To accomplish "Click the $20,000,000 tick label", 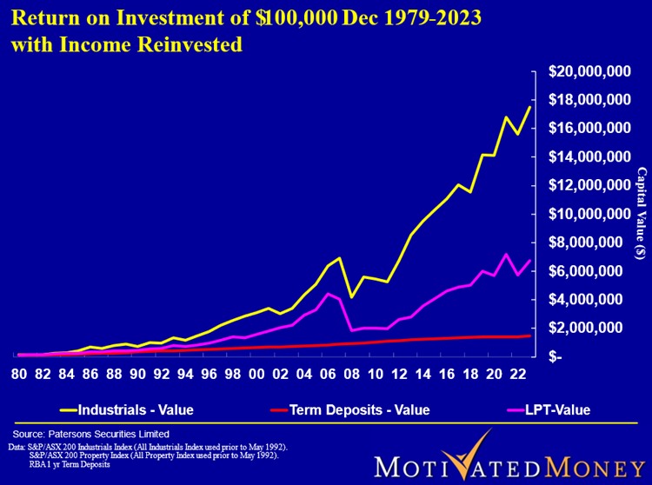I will (x=590, y=71).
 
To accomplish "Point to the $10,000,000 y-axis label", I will (x=590, y=214).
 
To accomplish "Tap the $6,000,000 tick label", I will (x=594, y=271).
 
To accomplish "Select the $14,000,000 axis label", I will (x=590, y=156).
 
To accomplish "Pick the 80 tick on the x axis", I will (x=18, y=375).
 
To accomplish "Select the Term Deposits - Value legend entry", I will (x=355, y=409).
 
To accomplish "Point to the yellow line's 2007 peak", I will (x=338, y=258).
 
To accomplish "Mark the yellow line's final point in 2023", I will (x=530, y=106).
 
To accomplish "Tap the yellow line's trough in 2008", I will (x=351, y=297).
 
